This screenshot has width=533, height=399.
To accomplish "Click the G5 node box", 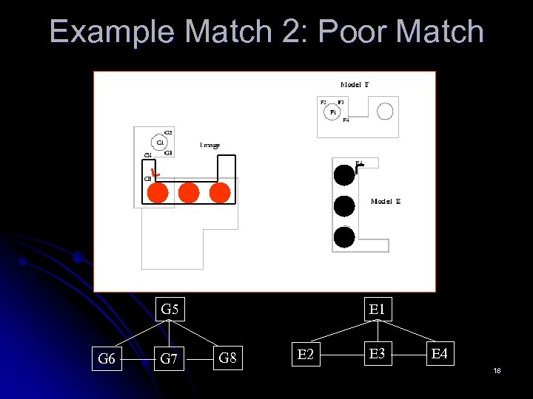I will point(170,310).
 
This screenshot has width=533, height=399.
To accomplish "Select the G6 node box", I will point(107,359).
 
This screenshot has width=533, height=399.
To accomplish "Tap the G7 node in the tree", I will point(170,359).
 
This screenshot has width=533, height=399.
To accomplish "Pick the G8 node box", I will point(229,359).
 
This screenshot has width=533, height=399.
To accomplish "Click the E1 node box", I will point(378,310).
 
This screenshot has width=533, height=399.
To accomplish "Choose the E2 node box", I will point(304,355).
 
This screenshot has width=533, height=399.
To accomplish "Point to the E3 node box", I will point(378,355).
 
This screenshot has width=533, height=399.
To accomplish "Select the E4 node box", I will point(440,355).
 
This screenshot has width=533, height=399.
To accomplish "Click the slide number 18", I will point(497,370).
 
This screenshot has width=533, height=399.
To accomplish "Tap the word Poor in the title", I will point(357,32).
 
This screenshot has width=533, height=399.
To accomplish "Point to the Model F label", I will point(355,85).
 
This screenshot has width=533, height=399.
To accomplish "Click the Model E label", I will point(386,201).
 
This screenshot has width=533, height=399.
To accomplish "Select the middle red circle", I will point(189,192).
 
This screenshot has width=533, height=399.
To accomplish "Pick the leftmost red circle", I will point(158,192).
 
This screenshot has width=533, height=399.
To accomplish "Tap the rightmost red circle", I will point(220,192).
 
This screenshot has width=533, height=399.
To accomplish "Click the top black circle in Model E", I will point(344,174).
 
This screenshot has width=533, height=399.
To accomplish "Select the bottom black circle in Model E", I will point(344,236).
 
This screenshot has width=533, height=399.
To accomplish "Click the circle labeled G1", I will point(160,143).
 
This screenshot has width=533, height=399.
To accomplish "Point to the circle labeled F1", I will point(333,112).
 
